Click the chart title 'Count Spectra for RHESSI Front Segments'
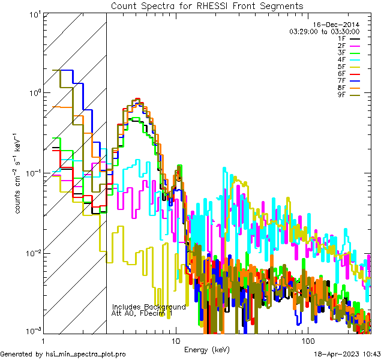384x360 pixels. [207, 6]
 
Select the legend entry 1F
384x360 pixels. [342, 38]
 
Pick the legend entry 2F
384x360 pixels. [342, 46]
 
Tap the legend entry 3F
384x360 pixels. [342, 53]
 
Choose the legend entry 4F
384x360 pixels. [342, 60]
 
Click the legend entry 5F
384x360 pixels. [342, 67]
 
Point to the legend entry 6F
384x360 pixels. [342, 74]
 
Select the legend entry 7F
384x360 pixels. [342, 81]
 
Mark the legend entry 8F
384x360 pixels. [342, 88]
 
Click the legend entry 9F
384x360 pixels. [342, 95]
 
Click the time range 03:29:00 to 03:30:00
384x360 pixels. [324, 31]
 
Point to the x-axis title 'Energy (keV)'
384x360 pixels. [207, 350]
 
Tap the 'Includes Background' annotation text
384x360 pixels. [149, 307]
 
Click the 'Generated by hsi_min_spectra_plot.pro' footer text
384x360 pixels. [63, 355]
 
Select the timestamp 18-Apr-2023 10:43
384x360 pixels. [348, 355]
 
